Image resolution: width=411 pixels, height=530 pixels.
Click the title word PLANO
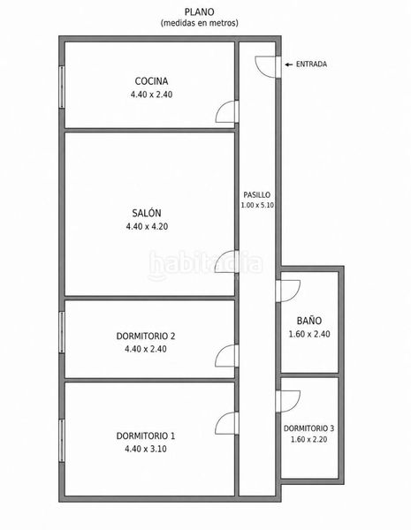(199, 12)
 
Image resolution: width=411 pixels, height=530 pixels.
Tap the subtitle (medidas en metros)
(199, 23)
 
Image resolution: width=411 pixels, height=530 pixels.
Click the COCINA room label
(151, 81)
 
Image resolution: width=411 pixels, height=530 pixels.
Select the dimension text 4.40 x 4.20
(147, 226)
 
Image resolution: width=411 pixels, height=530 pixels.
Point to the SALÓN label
(147, 213)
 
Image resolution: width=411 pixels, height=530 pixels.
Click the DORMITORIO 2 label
(146, 337)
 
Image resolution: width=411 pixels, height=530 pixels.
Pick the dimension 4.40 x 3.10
(146, 449)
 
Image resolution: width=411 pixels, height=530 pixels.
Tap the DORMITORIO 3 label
(308, 428)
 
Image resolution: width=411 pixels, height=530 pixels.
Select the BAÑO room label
(309, 320)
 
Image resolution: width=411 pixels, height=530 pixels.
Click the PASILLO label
(257, 195)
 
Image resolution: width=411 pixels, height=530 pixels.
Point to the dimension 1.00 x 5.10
(257, 205)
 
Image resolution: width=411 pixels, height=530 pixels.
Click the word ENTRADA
(311, 64)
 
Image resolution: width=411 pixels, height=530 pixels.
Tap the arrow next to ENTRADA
(288, 64)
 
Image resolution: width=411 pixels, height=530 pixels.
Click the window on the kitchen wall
(62, 87)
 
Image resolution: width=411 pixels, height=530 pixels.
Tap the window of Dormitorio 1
(62, 441)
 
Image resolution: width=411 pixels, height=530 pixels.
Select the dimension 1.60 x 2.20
(308, 439)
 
